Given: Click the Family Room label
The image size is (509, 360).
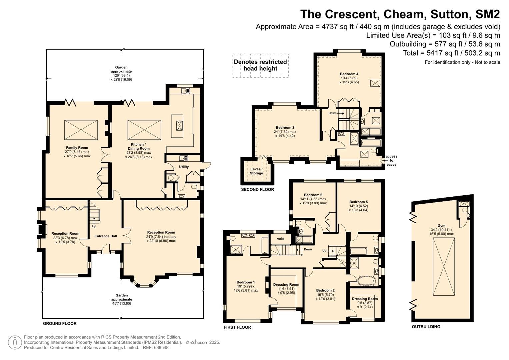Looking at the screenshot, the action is pos(77,148).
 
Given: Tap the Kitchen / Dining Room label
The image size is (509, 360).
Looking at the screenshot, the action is pos(139,146).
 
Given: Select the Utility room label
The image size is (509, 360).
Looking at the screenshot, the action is pos(184,167).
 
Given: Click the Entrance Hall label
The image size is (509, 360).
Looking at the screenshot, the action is pos(106,236).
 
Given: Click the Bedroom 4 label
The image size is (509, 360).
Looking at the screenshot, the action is pos(349,74).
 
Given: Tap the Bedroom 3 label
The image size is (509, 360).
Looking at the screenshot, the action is pos(285,128).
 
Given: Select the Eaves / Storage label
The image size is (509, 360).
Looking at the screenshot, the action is pos(256,171).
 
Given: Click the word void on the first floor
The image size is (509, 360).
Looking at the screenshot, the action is pos(281,239).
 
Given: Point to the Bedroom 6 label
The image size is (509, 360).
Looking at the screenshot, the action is pos(313,195).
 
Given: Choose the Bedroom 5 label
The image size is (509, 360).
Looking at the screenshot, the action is pos(359,202).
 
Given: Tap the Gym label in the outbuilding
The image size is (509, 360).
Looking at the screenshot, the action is pos(441,226).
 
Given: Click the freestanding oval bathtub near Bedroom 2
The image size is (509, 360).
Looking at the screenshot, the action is pos(367,281).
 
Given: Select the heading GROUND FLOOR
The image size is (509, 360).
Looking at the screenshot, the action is pos(60,323).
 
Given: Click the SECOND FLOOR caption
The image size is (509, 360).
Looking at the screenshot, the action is pos(257,189).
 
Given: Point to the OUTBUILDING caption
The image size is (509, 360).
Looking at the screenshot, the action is pos(426,327).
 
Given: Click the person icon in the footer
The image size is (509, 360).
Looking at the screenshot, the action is pos(15,343).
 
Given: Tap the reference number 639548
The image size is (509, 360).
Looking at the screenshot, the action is pos(161,347).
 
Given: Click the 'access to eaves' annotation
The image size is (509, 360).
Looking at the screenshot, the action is pos(391,160).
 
